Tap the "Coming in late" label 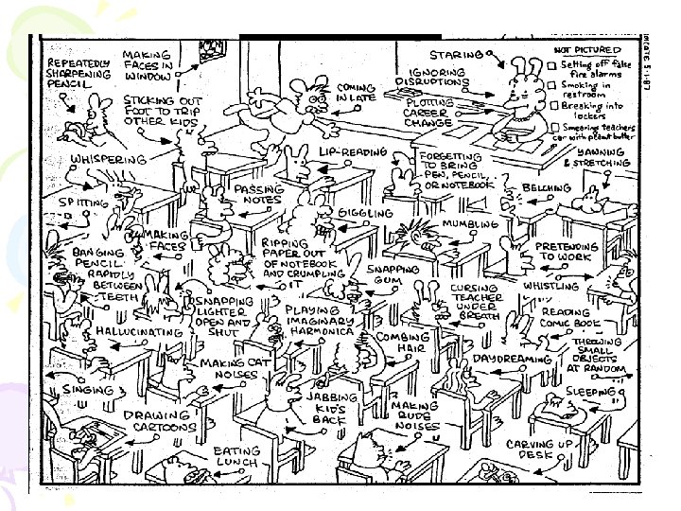(358, 93)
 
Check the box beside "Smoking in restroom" (552, 86)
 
